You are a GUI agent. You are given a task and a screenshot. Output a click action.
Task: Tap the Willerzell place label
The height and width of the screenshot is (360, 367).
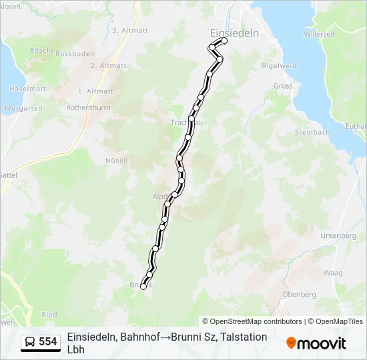pyautogui.click(x=318, y=33)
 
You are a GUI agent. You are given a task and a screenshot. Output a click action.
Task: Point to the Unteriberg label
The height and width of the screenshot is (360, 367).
pyautogui.click(x=339, y=236)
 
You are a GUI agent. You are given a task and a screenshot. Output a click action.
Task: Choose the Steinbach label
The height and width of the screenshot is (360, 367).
pyautogui.click(x=312, y=132)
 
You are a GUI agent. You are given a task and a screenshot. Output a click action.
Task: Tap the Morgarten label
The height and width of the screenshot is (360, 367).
pyautogui.click(x=23, y=107)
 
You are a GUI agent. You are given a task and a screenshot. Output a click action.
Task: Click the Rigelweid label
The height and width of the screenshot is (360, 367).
pyautogui.click(x=278, y=65)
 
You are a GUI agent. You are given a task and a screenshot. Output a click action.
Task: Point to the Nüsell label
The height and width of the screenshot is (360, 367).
pyautogui.click(x=116, y=161)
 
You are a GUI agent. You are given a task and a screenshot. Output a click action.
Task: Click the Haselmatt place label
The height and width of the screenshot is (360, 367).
pyautogui.click(x=27, y=89)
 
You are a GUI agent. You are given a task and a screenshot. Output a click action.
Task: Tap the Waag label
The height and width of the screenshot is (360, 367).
pyautogui.click(x=333, y=273)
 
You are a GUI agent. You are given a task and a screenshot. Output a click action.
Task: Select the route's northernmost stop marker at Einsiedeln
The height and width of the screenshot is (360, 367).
pyautogui.click(x=224, y=41)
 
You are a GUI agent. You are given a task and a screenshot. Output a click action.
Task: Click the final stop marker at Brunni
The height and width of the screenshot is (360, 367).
pyautogui.click(x=143, y=287)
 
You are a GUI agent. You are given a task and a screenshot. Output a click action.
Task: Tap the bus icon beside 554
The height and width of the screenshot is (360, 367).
pyautogui.click(x=30, y=342)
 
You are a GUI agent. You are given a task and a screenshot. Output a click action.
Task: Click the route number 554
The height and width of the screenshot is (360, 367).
pyautogui.click(x=48, y=342)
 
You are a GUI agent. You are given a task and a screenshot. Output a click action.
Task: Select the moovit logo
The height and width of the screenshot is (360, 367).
pyautogui.click(x=316, y=343)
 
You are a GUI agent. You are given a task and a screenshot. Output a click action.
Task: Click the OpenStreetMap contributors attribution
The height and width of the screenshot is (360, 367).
pyautogui.click(x=253, y=321)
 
